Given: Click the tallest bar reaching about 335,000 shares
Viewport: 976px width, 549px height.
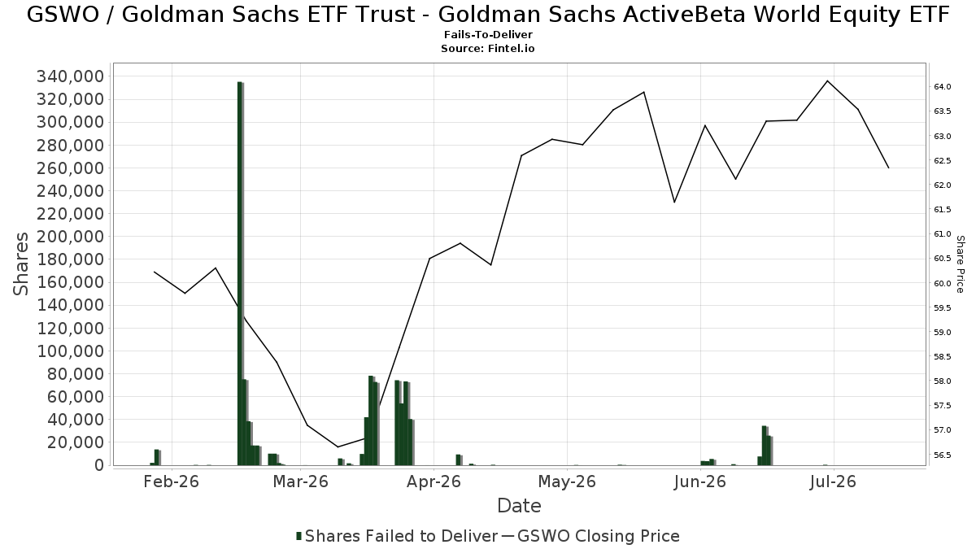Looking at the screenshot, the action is point(240,273).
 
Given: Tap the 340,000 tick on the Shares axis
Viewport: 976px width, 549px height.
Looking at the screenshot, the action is point(71,76).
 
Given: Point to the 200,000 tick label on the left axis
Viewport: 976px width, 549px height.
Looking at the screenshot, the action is point(71,237).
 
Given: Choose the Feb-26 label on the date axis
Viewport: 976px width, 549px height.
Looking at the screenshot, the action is point(172,481).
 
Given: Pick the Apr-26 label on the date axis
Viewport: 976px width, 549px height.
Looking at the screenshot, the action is point(434,481).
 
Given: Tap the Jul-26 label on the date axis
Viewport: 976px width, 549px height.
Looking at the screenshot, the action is point(833,481).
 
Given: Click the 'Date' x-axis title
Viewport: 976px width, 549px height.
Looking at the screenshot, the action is point(520,506).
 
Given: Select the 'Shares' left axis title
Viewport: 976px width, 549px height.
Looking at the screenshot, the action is point(20,264).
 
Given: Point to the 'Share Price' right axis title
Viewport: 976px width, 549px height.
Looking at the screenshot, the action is point(960,264).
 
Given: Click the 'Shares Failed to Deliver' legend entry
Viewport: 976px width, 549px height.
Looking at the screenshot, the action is point(397,536).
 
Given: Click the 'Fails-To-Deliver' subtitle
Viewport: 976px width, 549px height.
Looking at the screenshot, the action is point(488,34).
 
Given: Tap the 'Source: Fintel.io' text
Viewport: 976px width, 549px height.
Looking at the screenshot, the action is point(488,48).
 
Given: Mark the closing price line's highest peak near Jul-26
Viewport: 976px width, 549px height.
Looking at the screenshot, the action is point(827,81).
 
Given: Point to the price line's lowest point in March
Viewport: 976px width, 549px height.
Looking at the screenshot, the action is point(338,447).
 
